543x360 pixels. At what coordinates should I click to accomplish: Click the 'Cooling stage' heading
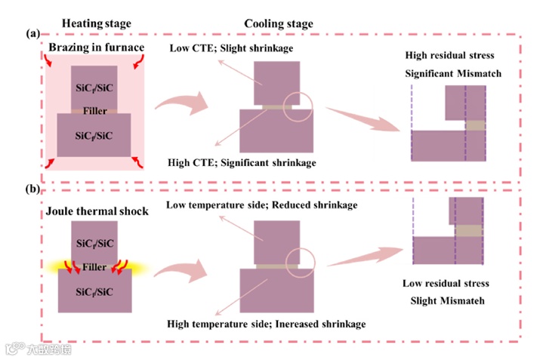click(x=279, y=23)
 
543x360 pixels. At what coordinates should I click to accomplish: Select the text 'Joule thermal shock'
click(x=94, y=211)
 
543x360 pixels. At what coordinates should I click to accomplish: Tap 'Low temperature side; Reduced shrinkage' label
click(x=261, y=205)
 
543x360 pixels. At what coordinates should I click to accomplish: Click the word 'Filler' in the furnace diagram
click(x=94, y=109)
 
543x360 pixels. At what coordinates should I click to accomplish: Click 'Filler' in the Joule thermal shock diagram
click(x=94, y=266)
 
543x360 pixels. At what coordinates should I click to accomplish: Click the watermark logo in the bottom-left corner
click(x=13, y=349)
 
